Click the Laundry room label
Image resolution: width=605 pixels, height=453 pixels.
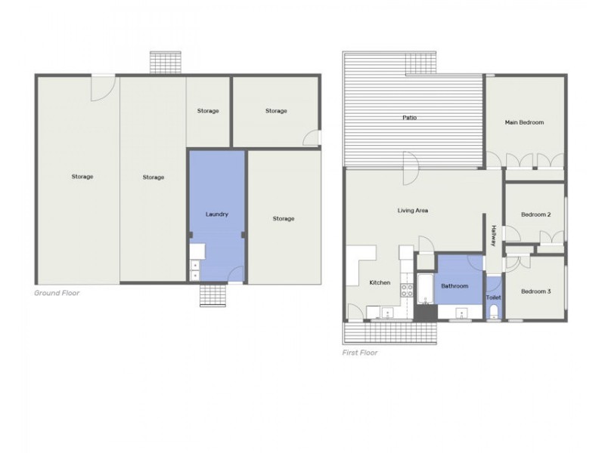coord(217,214)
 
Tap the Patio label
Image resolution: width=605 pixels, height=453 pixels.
coord(409,118)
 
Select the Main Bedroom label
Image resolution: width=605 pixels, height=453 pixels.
coord(524,122)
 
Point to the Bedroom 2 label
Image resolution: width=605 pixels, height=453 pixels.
coord(535,214)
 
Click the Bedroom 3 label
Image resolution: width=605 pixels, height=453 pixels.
coord(535,291)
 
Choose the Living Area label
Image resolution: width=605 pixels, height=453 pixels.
coord(412,211)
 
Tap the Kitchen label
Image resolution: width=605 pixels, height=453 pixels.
coord(380,282)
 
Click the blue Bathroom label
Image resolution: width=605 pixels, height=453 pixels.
coord(455,286)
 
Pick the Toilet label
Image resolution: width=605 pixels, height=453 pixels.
coord(494,297)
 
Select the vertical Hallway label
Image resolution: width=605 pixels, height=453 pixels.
coord(494,236)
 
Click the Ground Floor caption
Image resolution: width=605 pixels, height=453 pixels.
coord(57,293)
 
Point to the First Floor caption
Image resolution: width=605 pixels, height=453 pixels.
coord(360,353)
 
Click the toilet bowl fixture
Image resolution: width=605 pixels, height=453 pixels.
coord(494,311)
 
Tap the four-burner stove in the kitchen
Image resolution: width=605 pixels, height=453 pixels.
coord(407,290)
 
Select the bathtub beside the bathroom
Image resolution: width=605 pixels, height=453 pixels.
coord(426,289)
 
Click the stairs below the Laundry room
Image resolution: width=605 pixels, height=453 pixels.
coord(213,295)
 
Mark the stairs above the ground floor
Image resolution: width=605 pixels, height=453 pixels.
coord(165,63)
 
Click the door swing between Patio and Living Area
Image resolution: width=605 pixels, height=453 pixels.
coord(411,168)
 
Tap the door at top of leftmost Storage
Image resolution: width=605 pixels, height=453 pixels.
coord(103,88)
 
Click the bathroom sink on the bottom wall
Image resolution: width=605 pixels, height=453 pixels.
coord(461,313)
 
